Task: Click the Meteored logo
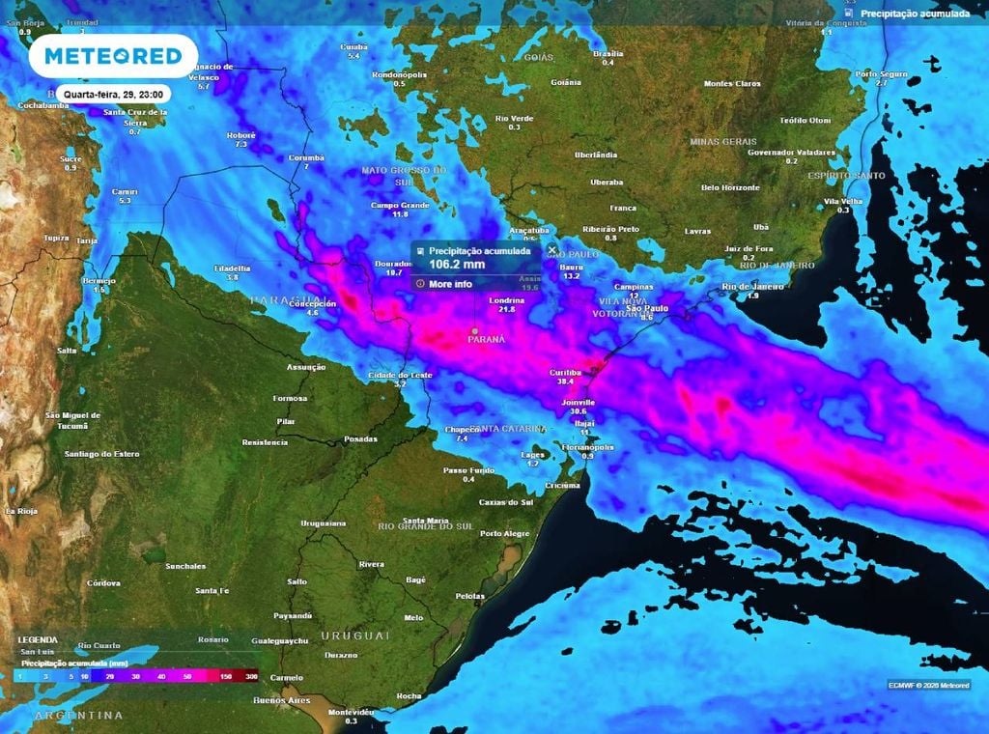click(113, 56)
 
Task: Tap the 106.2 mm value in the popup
click(457, 264)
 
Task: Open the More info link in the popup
click(450, 284)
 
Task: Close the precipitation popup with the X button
click(552, 250)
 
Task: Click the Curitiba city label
click(564, 372)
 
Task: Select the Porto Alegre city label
click(505, 533)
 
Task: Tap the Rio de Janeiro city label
click(753, 287)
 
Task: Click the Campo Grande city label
click(400, 205)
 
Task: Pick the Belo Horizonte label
click(730, 187)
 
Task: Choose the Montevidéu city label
click(351, 712)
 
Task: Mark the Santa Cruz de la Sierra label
click(136, 117)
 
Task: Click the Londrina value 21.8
click(507, 309)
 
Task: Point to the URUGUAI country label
click(355, 635)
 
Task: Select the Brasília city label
click(608, 53)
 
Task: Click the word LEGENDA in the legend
click(38, 639)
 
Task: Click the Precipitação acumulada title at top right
click(914, 14)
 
